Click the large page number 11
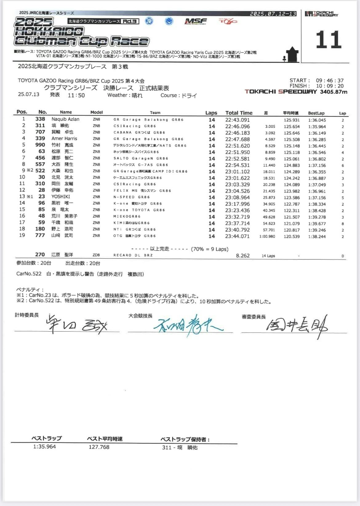(x=328, y=40)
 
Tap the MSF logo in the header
(x=196, y=21)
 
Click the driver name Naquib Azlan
(x=65, y=119)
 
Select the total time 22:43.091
(x=237, y=120)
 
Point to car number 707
(x=40, y=132)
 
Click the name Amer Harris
(x=64, y=138)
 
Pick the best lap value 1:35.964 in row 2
(x=317, y=126)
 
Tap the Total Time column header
(x=239, y=113)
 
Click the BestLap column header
(x=316, y=113)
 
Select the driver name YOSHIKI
(x=61, y=197)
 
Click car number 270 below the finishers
(x=40, y=254)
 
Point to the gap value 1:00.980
(x=267, y=236)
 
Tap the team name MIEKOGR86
(x=127, y=216)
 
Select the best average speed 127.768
(x=99, y=447)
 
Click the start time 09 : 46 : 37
(x=330, y=81)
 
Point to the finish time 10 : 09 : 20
(x=330, y=86)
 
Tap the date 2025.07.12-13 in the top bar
(x=273, y=14)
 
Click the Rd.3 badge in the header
(x=130, y=21)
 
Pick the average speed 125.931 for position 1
(x=291, y=120)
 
